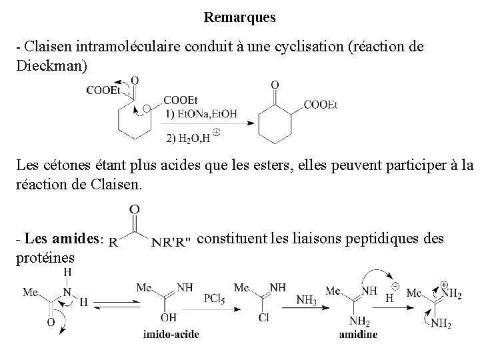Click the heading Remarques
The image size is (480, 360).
pyautogui.click(x=239, y=16)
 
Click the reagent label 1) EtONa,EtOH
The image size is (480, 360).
pyautogui.click(x=201, y=113)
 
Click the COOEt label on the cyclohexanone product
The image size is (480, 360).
pyautogui.click(x=321, y=105)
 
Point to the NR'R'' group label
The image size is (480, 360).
pyautogui.click(x=171, y=241)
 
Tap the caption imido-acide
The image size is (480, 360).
pyautogui.click(x=171, y=334)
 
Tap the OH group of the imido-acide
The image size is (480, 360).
pyautogui.click(x=170, y=318)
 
